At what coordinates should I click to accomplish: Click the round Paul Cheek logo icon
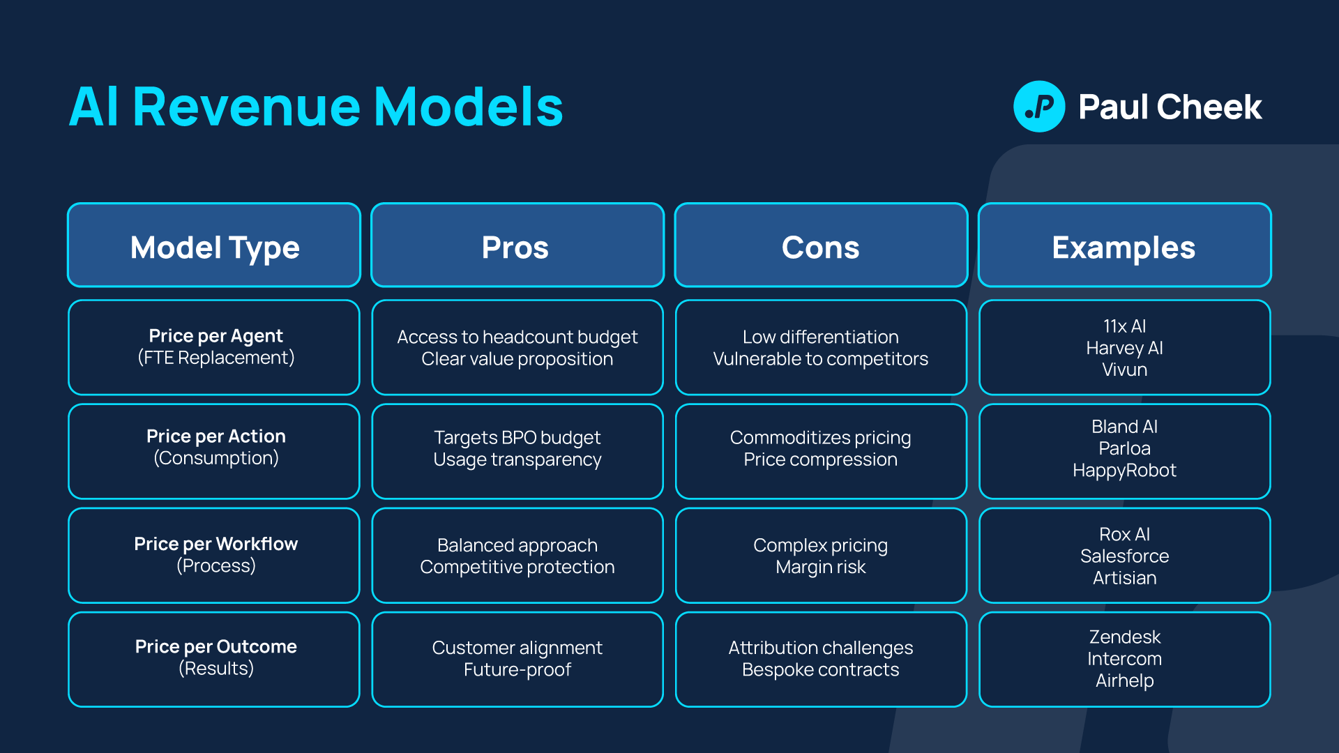(x=1038, y=107)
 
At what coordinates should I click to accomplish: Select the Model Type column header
(x=215, y=248)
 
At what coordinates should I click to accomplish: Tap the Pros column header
(x=516, y=248)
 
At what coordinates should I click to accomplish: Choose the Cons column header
(x=820, y=248)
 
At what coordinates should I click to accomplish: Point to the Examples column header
(x=1124, y=248)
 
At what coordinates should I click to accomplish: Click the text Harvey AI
(x=1124, y=348)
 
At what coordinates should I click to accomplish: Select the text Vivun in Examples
(x=1124, y=370)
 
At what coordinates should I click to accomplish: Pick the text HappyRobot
(x=1124, y=471)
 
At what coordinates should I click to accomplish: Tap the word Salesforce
(x=1124, y=556)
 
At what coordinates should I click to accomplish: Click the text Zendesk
(x=1124, y=637)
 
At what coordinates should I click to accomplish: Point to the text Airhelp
(x=1124, y=680)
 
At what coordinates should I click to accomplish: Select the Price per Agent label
(x=215, y=336)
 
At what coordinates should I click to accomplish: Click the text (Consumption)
(x=215, y=458)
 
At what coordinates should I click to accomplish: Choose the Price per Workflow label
(x=215, y=544)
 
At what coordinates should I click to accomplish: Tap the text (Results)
(x=215, y=669)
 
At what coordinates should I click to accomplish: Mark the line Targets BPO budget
(x=517, y=437)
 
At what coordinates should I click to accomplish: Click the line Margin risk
(x=820, y=567)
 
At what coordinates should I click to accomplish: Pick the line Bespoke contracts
(x=820, y=669)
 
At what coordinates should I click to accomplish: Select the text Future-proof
(x=517, y=669)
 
